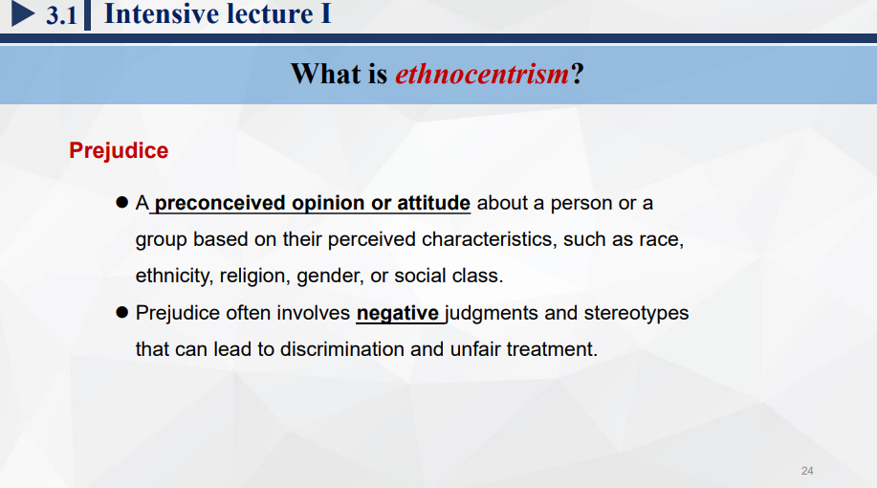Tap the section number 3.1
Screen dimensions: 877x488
tap(61, 15)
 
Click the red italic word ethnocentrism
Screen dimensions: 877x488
tap(482, 74)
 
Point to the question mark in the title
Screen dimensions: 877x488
tap(578, 74)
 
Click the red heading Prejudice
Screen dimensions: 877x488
tap(119, 150)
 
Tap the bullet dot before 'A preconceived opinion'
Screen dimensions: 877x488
tap(121, 202)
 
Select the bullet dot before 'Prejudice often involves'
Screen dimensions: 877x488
tap(121, 312)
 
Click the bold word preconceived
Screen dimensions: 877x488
tap(220, 203)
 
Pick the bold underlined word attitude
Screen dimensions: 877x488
tap(433, 203)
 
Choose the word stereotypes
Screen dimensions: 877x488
tap(637, 313)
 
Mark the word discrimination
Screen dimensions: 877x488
tap(341, 349)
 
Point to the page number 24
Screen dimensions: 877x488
tap(807, 471)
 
